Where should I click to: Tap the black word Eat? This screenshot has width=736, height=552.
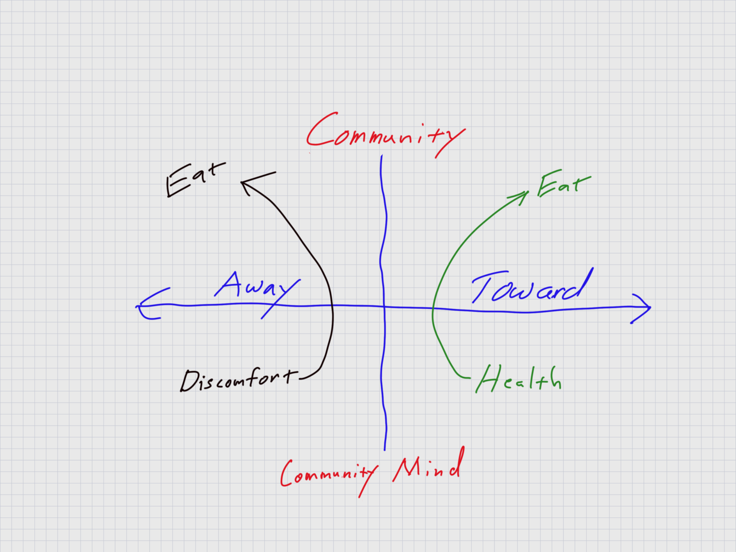[194, 179]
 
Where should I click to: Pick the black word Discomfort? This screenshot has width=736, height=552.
[238, 380]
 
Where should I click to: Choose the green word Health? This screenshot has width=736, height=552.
[518, 379]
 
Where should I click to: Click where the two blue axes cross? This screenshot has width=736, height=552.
[383, 306]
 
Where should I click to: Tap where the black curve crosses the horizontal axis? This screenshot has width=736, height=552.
[333, 306]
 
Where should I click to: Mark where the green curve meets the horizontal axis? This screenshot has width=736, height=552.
[433, 308]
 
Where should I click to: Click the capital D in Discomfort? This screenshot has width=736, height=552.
[188, 381]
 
